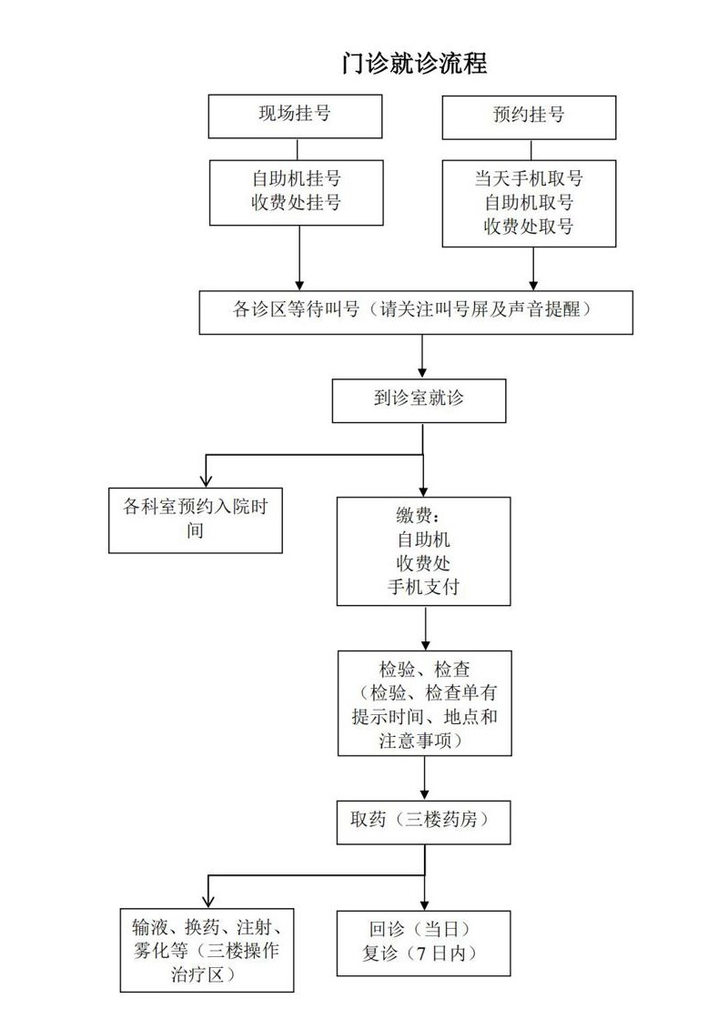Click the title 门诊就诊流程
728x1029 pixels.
[414, 63]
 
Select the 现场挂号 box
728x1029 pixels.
[295, 116]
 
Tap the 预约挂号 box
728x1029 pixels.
[528, 116]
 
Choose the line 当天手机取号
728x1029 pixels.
[529, 177]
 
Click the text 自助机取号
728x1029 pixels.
[529, 202]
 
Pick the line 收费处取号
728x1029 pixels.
[529, 227]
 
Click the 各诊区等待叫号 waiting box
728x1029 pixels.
[416, 311]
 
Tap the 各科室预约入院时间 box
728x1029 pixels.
[196, 520]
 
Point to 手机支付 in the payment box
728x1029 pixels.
[423, 588]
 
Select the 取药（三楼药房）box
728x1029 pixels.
[423, 822]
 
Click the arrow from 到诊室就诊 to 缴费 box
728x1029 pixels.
[424, 473]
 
